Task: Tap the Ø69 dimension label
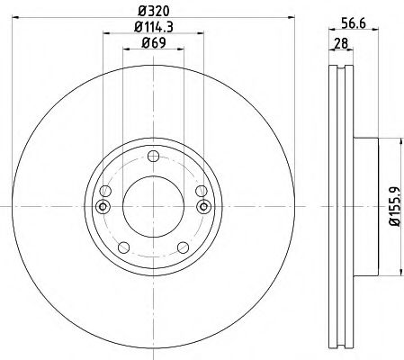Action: point(154,42)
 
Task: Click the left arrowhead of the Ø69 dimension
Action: point(123,50)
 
